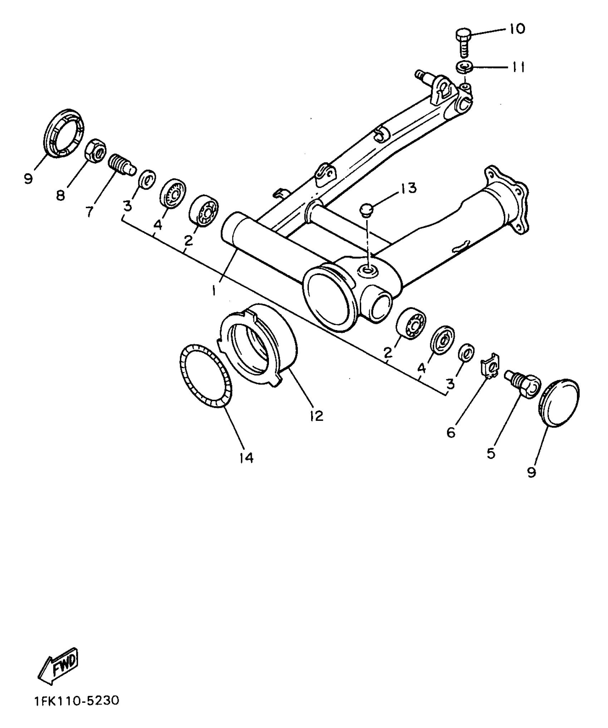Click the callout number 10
point(516,29)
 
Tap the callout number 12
point(317,415)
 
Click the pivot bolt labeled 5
point(522,383)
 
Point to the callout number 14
point(246,458)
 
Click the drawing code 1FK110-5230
point(77,710)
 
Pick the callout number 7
point(89,211)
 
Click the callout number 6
point(451,432)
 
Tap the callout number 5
point(491,453)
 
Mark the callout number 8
point(61,195)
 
